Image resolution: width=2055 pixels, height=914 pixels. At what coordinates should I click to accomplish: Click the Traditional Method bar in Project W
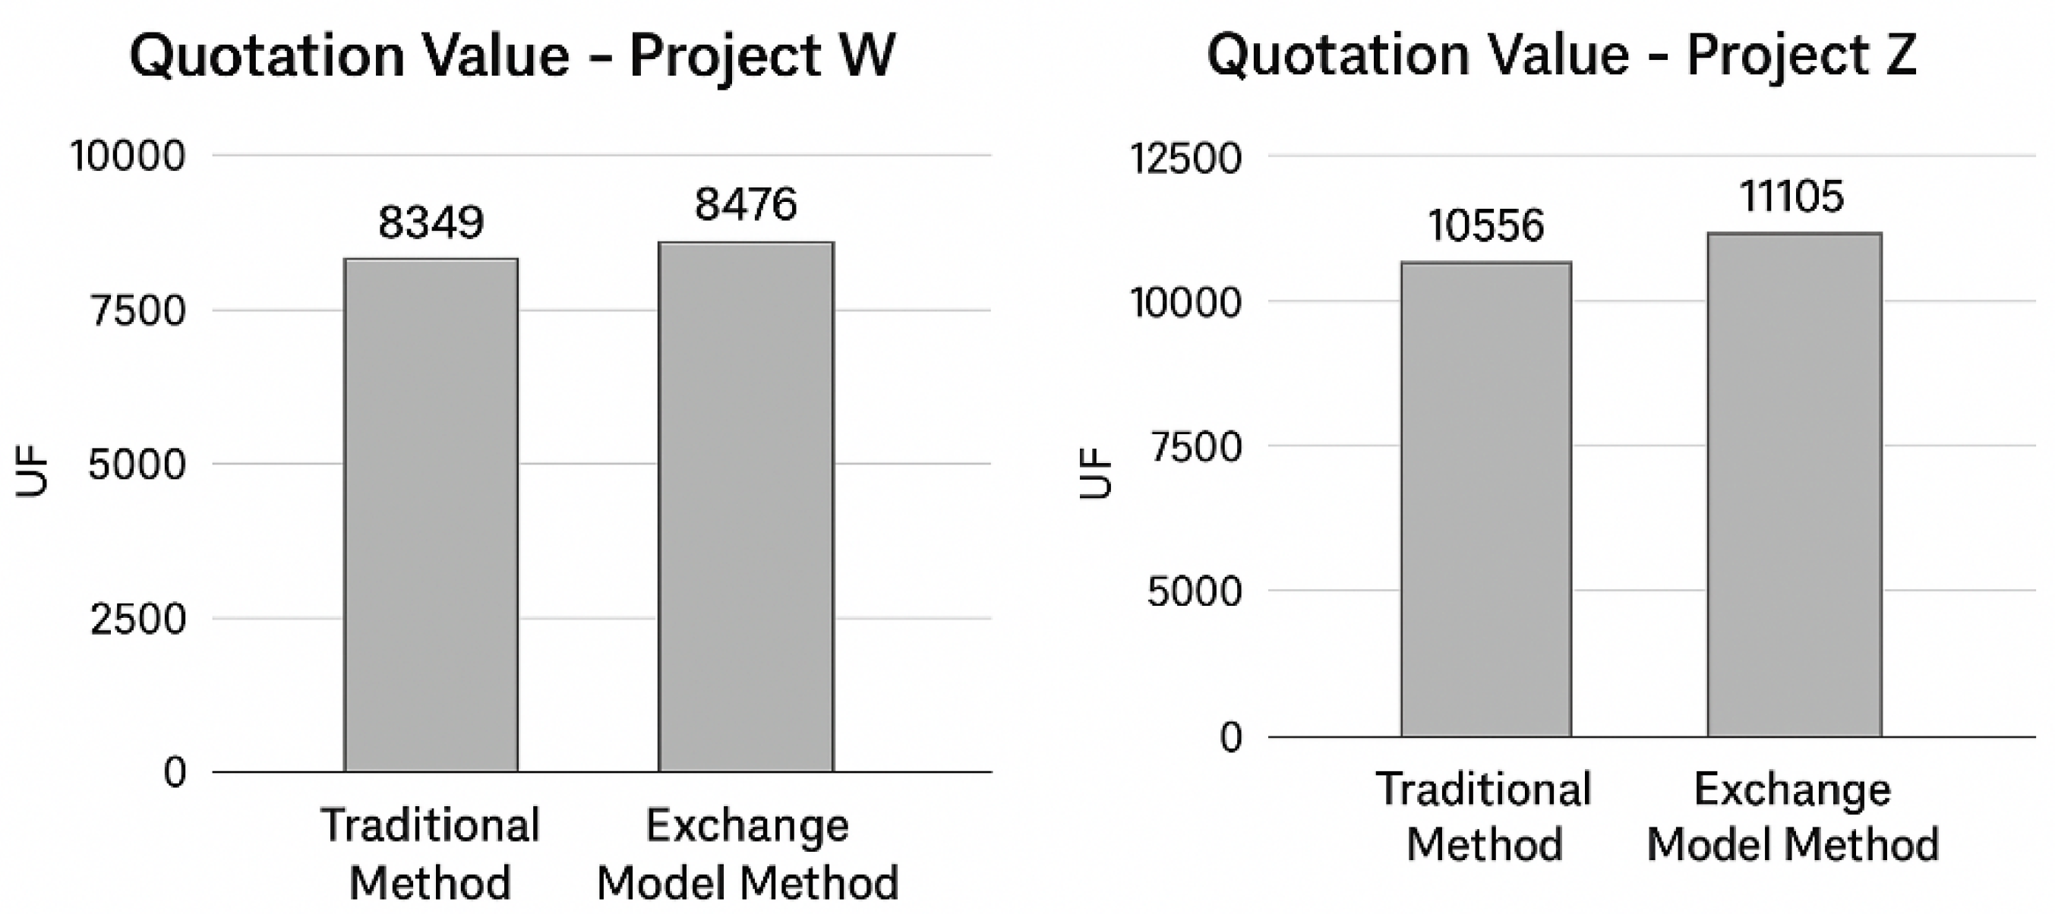[x=431, y=515]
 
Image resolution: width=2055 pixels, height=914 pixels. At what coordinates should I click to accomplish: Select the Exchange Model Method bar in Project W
[x=746, y=506]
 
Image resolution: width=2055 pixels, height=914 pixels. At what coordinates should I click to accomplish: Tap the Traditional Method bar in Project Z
[x=1486, y=499]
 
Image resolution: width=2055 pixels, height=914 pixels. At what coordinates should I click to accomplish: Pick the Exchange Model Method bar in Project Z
[x=1794, y=484]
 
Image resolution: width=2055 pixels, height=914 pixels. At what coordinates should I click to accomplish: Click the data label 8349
[x=431, y=222]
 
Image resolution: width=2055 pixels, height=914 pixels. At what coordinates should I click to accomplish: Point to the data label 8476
[x=746, y=204]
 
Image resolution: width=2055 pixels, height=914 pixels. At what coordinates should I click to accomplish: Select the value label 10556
[x=1485, y=225]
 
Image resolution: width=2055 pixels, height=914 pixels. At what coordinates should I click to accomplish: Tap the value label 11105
[x=1791, y=196]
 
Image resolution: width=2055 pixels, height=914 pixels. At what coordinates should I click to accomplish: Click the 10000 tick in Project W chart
[x=128, y=156]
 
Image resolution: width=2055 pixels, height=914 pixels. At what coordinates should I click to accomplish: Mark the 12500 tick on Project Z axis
[x=1185, y=158]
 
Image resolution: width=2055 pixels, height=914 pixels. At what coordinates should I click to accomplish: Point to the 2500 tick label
[x=138, y=619]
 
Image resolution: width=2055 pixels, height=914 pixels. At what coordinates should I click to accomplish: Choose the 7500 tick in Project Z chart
[x=1196, y=446]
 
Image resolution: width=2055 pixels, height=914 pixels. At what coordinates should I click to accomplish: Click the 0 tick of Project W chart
[x=175, y=772]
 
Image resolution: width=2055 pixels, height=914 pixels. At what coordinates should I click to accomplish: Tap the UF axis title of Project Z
[x=1096, y=474]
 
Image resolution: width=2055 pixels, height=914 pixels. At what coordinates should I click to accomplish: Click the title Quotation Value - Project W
[x=512, y=56]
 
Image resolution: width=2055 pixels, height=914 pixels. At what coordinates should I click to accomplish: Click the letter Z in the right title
[x=1900, y=56]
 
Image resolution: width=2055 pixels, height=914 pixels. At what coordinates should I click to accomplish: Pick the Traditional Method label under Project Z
[x=1484, y=816]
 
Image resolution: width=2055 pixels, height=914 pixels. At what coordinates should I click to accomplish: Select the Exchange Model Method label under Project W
[x=747, y=853]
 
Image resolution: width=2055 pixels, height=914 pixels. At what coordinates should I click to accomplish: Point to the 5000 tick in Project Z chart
[x=1195, y=592]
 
